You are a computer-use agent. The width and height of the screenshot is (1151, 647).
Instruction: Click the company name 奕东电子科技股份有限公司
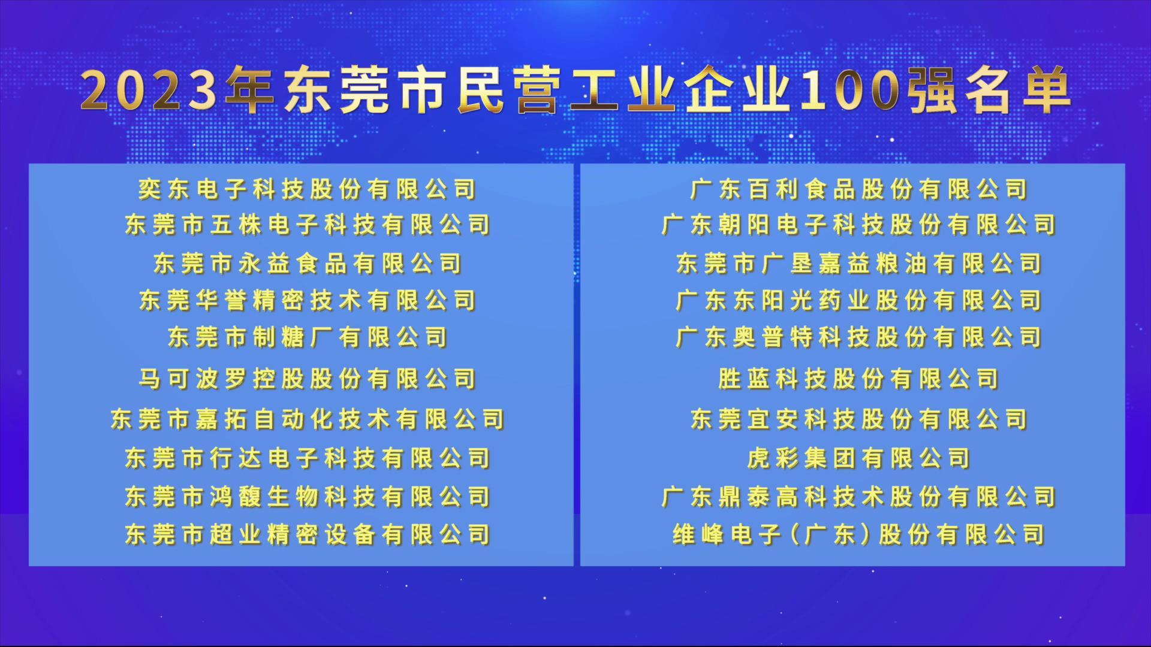[308, 189]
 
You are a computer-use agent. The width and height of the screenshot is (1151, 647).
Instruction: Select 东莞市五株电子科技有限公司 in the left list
[308, 225]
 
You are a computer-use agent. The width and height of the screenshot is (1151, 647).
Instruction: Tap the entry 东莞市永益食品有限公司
[308, 264]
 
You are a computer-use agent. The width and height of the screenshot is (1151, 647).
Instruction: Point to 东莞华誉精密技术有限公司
[308, 300]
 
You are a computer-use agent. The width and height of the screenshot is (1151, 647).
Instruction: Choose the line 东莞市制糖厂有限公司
[308, 337]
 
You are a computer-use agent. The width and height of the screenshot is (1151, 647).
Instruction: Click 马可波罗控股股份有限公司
[308, 379]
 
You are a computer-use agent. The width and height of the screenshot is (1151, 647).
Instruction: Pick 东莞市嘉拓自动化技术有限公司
[308, 419]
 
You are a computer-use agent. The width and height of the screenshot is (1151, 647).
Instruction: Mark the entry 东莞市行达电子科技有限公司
[308, 458]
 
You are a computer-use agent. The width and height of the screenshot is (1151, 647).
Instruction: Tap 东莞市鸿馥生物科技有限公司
[308, 497]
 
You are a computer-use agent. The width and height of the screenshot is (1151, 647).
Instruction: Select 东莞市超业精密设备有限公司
[308, 534]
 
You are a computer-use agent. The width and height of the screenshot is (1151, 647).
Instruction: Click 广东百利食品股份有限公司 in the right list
[859, 189]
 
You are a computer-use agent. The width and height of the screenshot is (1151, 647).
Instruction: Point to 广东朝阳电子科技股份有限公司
[859, 225]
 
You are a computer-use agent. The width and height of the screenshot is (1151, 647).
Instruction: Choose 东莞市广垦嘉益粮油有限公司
[859, 264]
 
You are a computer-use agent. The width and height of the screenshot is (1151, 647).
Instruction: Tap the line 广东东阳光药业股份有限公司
[859, 300]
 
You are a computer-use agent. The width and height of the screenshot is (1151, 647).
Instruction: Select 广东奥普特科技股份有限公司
[859, 337]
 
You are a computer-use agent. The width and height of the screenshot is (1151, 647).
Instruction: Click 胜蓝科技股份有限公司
[859, 379]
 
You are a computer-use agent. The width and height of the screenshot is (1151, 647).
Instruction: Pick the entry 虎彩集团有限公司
[859, 458]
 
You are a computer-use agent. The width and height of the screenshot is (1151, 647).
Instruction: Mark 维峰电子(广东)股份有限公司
[859, 534]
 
